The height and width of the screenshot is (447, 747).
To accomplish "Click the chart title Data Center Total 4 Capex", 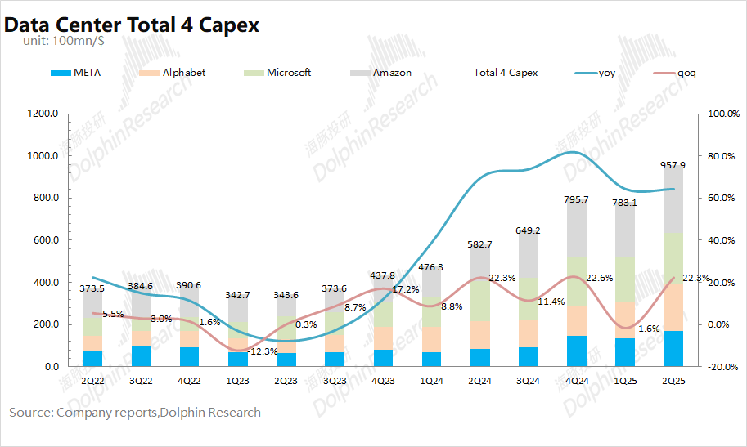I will pyautogui.click(x=132, y=25).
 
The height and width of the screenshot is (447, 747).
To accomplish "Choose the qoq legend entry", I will pyautogui.click(x=686, y=73).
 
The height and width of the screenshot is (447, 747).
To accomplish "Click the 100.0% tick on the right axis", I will pyautogui.click(x=722, y=114).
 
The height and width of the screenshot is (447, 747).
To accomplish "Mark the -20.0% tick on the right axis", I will pyautogui.click(x=722, y=367).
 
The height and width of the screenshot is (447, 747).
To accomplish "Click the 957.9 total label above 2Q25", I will pyautogui.click(x=673, y=165).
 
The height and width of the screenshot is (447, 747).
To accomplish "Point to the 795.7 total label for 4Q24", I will pyautogui.click(x=577, y=199).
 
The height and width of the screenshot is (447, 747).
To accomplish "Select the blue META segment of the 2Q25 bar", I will pyautogui.click(x=673, y=349).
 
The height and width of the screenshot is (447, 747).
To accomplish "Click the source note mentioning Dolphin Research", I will pyautogui.click(x=135, y=413).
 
